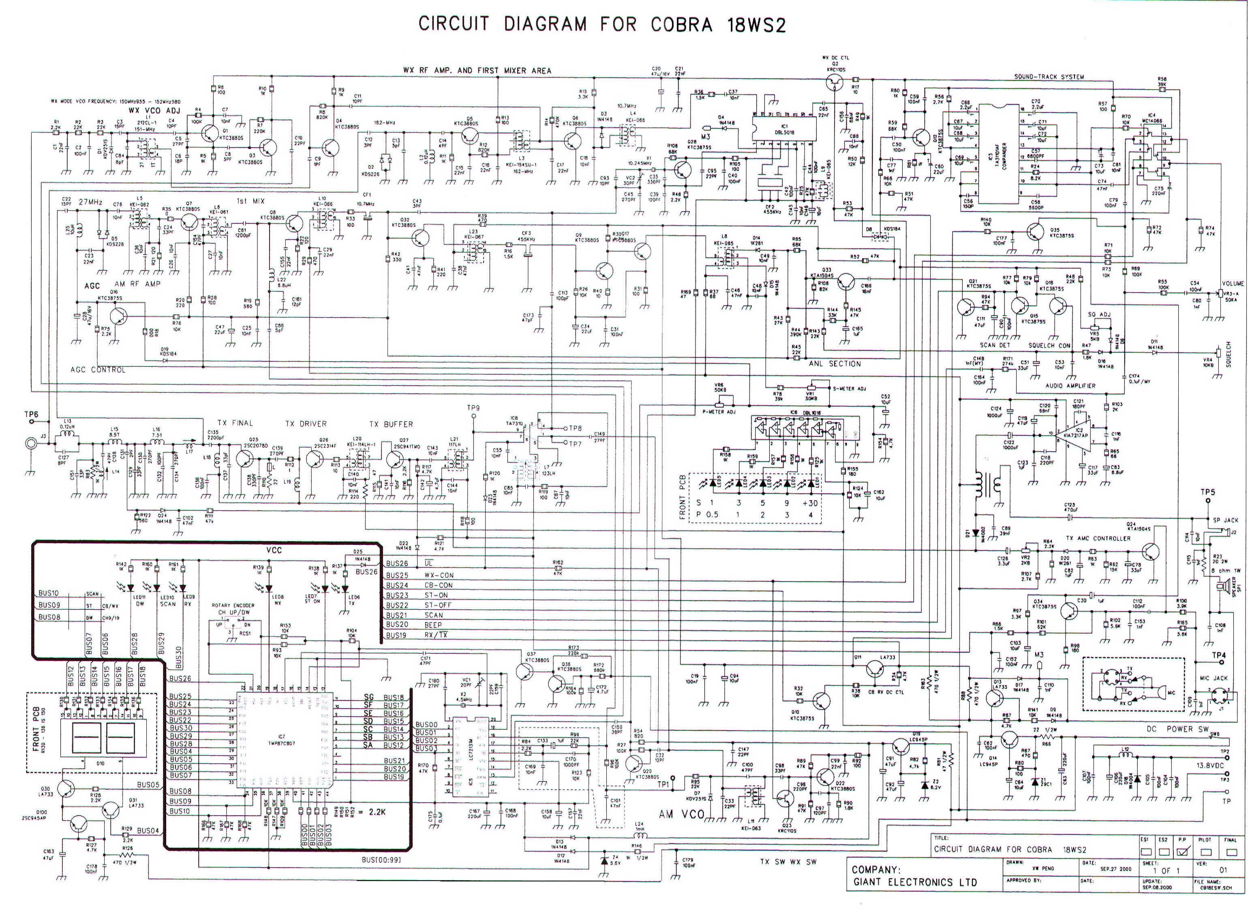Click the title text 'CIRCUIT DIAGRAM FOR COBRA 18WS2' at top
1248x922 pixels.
click(602, 25)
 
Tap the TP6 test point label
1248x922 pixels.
click(31, 414)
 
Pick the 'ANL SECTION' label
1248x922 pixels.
click(835, 364)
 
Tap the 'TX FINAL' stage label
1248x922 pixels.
click(235, 423)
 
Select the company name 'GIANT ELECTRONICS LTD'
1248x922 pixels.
click(914, 882)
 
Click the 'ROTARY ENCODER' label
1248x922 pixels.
click(233, 605)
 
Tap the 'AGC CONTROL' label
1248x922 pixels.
click(98, 370)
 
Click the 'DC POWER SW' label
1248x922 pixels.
click(1177, 729)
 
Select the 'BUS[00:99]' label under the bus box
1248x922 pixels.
click(381, 860)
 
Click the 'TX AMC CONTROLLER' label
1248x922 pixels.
click(1098, 539)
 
